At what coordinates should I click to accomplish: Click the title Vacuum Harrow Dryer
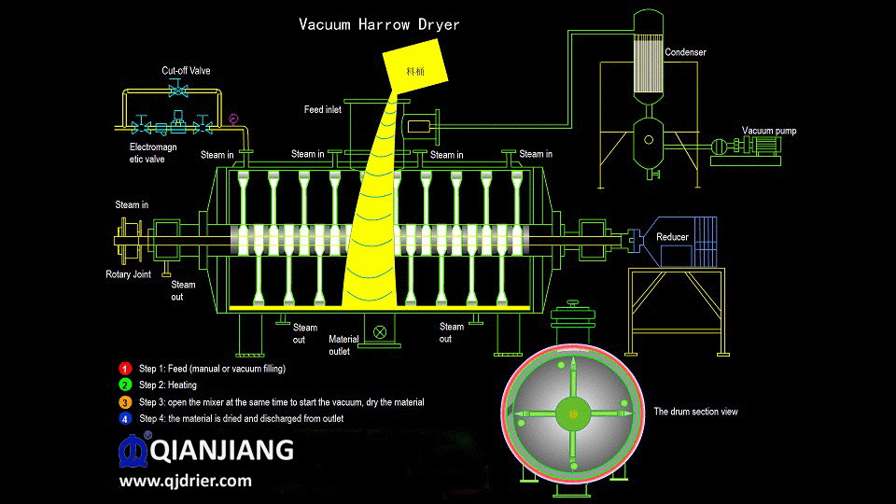(379, 24)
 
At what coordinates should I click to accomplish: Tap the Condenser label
(685, 52)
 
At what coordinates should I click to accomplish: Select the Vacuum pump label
(769, 131)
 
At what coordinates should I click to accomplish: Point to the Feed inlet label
(323, 110)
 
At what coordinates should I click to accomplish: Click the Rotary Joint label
(128, 274)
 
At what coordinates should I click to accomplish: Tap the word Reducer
(672, 237)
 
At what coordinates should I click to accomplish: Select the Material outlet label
(340, 345)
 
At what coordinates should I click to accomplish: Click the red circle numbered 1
(125, 369)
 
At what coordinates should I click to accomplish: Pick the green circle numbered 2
(125, 385)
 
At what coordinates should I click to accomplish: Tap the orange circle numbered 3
(125, 402)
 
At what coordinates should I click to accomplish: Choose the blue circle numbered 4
(125, 419)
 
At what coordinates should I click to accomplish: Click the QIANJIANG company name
(221, 452)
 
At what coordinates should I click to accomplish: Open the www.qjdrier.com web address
(185, 482)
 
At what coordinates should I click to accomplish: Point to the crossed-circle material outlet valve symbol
(380, 331)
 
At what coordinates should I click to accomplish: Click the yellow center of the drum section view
(572, 413)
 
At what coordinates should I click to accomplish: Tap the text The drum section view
(695, 412)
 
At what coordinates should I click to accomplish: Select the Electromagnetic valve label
(153, 153)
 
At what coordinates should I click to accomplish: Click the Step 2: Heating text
(168, 385)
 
